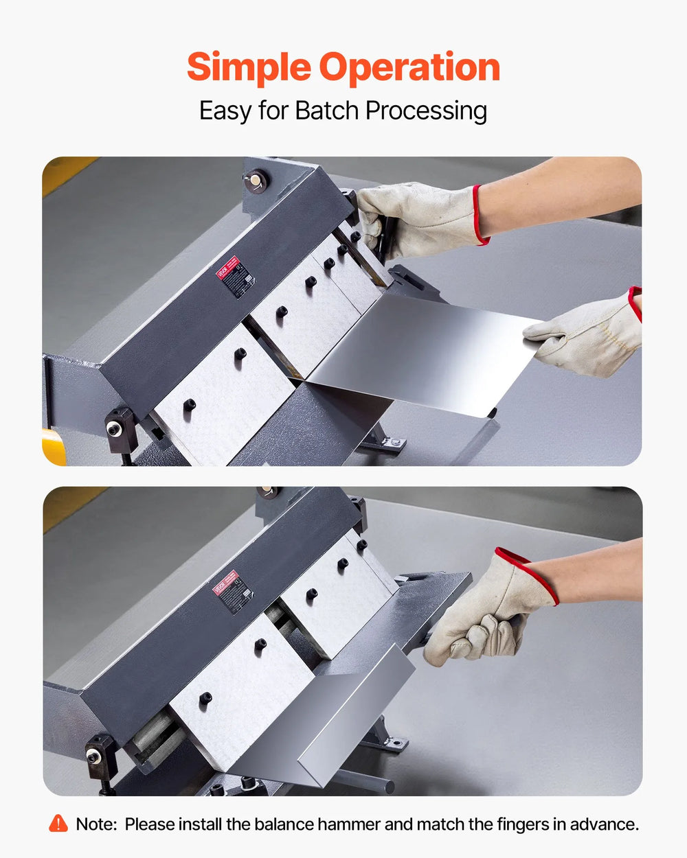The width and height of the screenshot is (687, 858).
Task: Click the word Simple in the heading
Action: pyautogui.click(x=248, y=68)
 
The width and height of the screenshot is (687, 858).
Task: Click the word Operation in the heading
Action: pyautogui.click(x=409, y=68)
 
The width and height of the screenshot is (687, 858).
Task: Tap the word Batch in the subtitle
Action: pyautogui.click(x=327, y=111)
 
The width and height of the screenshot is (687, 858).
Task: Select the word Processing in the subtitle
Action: pyautogui.click(x=426, y=111)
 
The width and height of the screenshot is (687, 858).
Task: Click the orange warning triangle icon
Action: pyautogui.click(x=58, y=823)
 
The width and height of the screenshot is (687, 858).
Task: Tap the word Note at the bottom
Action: pyautogui.click(x=95, y=824)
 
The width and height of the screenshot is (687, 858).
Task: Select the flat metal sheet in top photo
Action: pyautogui.click(x=419, y=353)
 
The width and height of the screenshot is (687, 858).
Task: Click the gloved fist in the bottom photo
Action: pyautogui.click(x=481, y=621)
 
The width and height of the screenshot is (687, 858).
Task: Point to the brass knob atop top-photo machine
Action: pyautogui.click(x=256, y=181)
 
